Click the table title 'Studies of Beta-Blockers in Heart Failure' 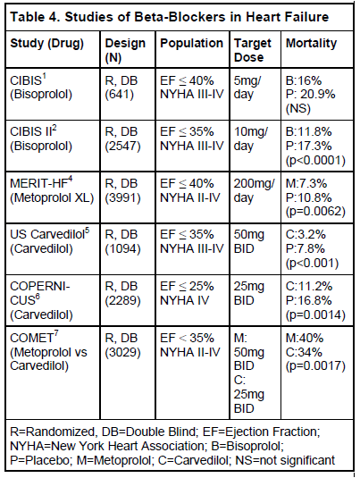[x=197, y=17]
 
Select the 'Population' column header [x=191, y=44]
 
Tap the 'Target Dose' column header [x=253, y=50]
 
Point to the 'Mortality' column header [x=311, y=44]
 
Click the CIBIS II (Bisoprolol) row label [x=41, y=138]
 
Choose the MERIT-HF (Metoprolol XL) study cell [x=52, y=190]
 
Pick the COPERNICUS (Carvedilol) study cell [x=41, y=300]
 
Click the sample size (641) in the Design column [x=120, y=95]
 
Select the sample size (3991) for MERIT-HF [x=123, y=198]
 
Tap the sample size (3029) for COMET [x=123, y=353]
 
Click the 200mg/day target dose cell [x=255, y=191]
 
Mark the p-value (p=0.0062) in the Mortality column [x=315, y=212]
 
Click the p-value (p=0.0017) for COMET [x=315, y=366]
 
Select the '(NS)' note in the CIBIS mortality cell [x=298, y=108]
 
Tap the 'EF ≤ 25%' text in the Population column [x=187, y=287]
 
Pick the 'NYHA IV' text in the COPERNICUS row [x=184, y=300]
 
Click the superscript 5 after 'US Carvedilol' [x=88, y=231]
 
